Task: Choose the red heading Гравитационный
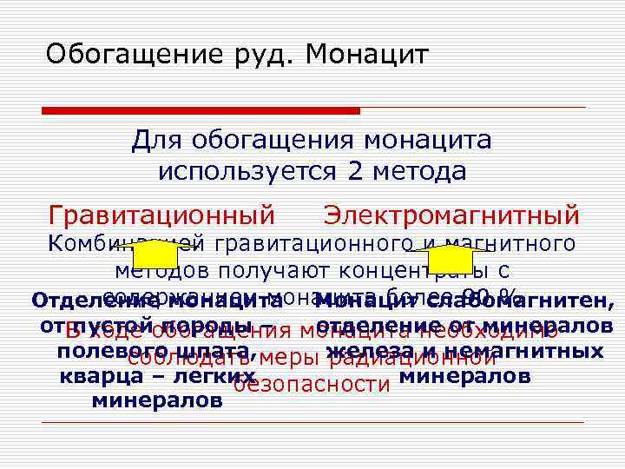(161, 214)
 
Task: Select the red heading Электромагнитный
(451, 214)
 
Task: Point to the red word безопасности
(312, 385)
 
